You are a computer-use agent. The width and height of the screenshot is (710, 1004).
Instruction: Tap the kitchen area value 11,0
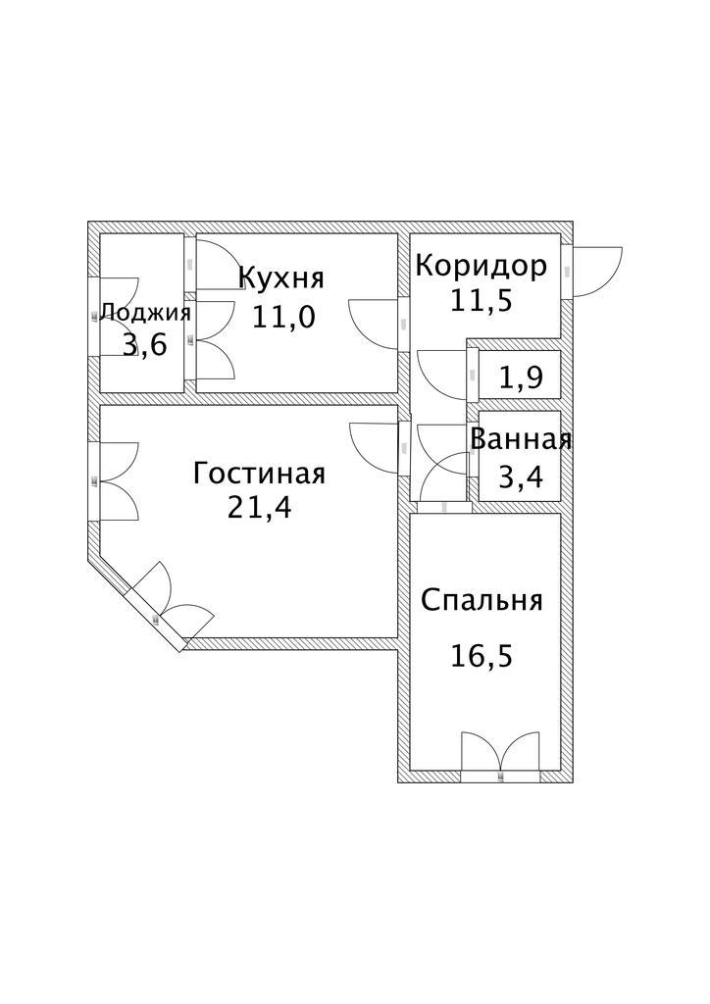click(283, 317)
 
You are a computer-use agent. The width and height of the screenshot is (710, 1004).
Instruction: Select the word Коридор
click(482, 265)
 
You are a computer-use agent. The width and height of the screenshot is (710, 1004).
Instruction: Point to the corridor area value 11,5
click(482, 300)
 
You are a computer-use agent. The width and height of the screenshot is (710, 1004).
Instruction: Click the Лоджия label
click(145, 313)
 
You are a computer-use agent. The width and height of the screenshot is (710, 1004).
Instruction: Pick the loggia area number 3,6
click(145, 345)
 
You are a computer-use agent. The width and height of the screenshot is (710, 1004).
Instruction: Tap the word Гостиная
click(259, 475)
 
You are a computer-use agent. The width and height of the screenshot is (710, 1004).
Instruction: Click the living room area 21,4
click(259, 509)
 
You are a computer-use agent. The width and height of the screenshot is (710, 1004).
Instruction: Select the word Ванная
click(521, 440)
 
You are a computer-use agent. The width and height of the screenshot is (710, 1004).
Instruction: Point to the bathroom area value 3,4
click(521, 477)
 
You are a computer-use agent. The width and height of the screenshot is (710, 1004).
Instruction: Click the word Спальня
click(482, 601)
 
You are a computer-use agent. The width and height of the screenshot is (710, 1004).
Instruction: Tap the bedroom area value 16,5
click(482, 656)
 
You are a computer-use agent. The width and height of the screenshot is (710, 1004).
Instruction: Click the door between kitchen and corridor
click(374, 325)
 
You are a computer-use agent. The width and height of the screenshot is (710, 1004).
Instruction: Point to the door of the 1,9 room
click(441, 375)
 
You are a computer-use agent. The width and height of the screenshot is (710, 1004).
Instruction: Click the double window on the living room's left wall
click(119, 481)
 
